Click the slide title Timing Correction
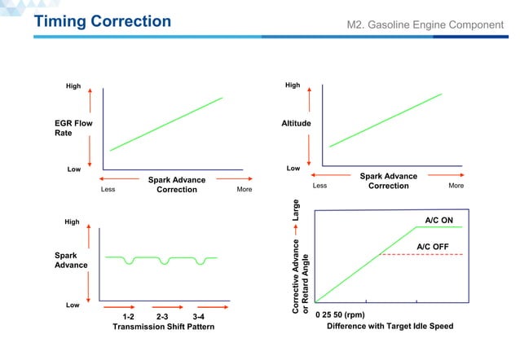point(102,21)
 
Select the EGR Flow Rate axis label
point(70,130)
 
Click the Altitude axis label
point(293,125)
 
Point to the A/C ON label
point(442,219)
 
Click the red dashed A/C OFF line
point(424,255)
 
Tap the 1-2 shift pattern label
point(128,315)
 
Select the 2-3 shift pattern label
point(162,315)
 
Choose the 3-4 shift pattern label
point(198,315)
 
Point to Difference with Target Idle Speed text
point(390,326)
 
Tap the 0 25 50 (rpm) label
point(340,314)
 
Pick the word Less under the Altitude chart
point(319,186)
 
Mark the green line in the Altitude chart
point(386,120)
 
